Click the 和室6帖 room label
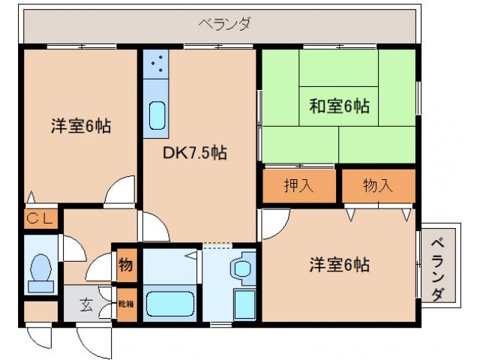coord(339,106)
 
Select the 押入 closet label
coord(298,185)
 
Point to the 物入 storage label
coord(377,185)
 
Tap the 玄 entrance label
coord(86,305)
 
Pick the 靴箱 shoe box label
coord(125,304)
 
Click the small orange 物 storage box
coord(125,265)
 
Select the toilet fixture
coord(38,271)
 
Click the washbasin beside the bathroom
coord(242,268)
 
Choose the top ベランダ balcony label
coord(224,23)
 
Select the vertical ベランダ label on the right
coord(440,264)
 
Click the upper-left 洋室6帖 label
coord(81,127)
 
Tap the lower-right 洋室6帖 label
coord(339,265)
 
